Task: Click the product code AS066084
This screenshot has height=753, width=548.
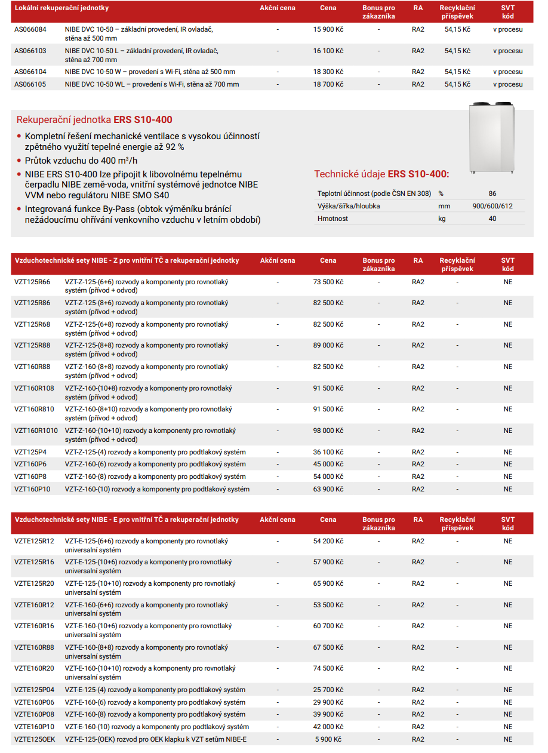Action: pyautogui.click(x=30, y=29)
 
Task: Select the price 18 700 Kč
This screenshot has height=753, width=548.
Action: pyautogui.click(x=328, y=85)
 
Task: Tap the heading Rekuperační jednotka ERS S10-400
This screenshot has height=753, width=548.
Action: pyautogui.click(x=94, y=119)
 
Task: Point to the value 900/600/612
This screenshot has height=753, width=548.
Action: pyautogui.click(x=492, y=206)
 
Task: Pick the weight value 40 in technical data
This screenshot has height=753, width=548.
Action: pyautogui.click(x=492, y=219)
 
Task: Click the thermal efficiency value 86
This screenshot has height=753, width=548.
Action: pyautogui.click(x=492, y=193)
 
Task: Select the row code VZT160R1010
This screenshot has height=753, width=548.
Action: pyautogui.click(x=36, y=431)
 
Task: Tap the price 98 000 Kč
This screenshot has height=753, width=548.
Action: pyautogui.click(x=328, y=431)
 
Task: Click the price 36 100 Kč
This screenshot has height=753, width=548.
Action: pyautogui.click(x=328, y=452)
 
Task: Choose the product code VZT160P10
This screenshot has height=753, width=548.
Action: pyautogui.click(x=32, y=489)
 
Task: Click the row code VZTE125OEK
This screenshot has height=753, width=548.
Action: pyautogui.click(x=35, y=739)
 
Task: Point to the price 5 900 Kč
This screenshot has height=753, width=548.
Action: pyautogui.click(x=328, y=739)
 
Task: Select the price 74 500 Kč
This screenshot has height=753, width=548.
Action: pyautogui.click(x=328, y=668)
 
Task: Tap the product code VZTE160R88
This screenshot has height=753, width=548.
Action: pyautogui.click(x=34, y=647)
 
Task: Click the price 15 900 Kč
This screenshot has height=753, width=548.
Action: pyautogui.click(x=328, y=29)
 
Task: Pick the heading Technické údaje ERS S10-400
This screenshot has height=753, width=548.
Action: pyautogui.click(x=381, y=174)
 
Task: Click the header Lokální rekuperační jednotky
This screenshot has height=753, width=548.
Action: pyautogui.click(x=61, y=8)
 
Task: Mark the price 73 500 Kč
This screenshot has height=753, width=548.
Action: pyautogui.click(x=328, y=282)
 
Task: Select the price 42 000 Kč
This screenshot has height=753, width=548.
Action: pyautogui.click(x=328, y=727)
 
